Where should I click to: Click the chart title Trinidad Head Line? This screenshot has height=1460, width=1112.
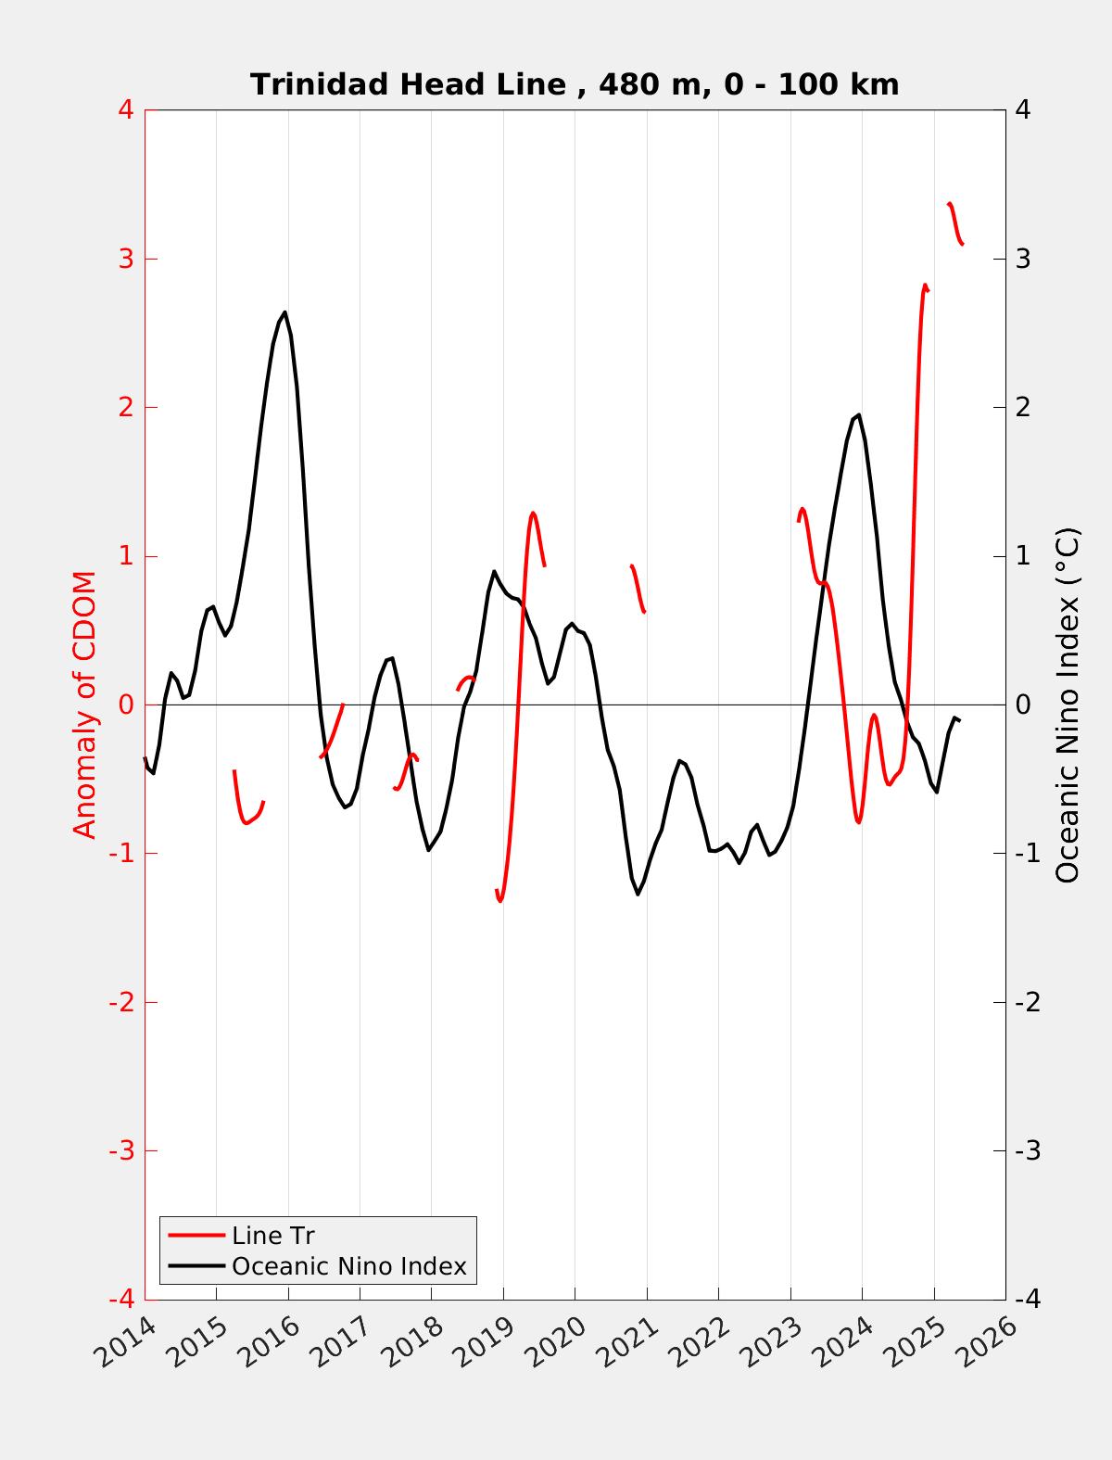tap(575, 84)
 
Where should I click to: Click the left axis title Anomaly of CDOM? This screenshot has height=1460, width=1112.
tap(84, 705)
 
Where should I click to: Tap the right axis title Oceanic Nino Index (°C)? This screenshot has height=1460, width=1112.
tap(1068, 705)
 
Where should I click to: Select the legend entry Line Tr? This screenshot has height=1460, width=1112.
tap(272, 1236)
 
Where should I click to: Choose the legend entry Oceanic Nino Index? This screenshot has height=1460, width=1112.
tap(348, 1265)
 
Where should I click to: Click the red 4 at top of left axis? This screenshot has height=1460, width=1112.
tap(126, 109)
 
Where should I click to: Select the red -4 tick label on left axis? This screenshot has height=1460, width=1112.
tap(121, 1300)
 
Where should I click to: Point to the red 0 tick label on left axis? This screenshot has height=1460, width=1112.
tap(126, 705)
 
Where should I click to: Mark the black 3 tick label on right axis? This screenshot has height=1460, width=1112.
tap(1023, 259)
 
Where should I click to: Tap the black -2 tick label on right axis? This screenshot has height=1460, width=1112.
tap(1027, 1002)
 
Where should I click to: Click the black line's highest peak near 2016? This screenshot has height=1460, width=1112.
tap(284, 312)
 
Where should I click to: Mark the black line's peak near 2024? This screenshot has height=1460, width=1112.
tap(859, 415)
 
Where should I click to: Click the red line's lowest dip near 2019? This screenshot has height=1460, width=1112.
tap(499, 900)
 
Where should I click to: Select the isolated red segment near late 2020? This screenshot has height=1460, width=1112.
tap(638, 589)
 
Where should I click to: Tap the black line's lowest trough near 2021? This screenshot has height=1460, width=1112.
tap(638, 894)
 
